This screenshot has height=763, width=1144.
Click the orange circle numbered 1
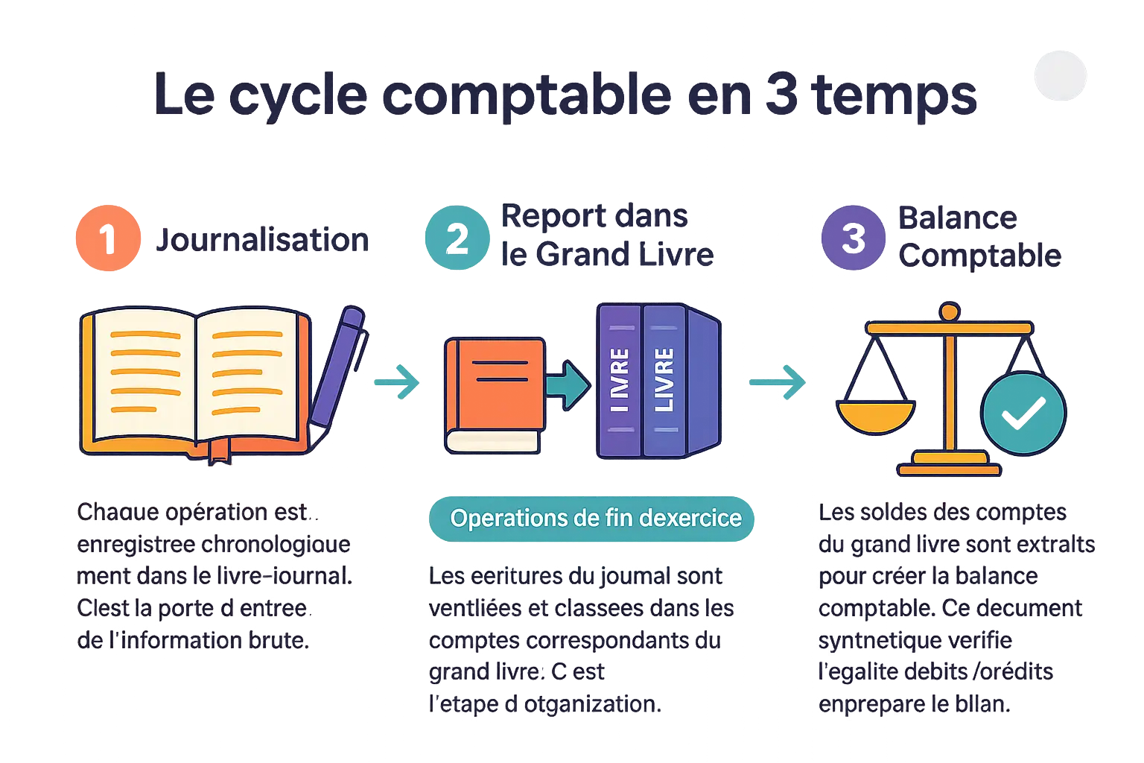(109, 238)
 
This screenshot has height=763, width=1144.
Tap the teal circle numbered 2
(456, 237)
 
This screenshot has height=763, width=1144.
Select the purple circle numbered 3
(854, 237)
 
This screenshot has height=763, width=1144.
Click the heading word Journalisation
(262, 240)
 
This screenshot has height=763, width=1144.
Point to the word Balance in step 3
(958, 218)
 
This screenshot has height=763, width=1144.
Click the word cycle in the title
(298, 96)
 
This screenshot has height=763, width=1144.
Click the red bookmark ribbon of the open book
(219, 450)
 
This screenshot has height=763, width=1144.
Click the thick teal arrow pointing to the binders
(568, 384)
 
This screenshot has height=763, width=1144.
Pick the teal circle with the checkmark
(1023, 413)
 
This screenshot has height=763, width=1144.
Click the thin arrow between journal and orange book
(396, 383)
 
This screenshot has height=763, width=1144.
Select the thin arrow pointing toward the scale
(778, 383)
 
